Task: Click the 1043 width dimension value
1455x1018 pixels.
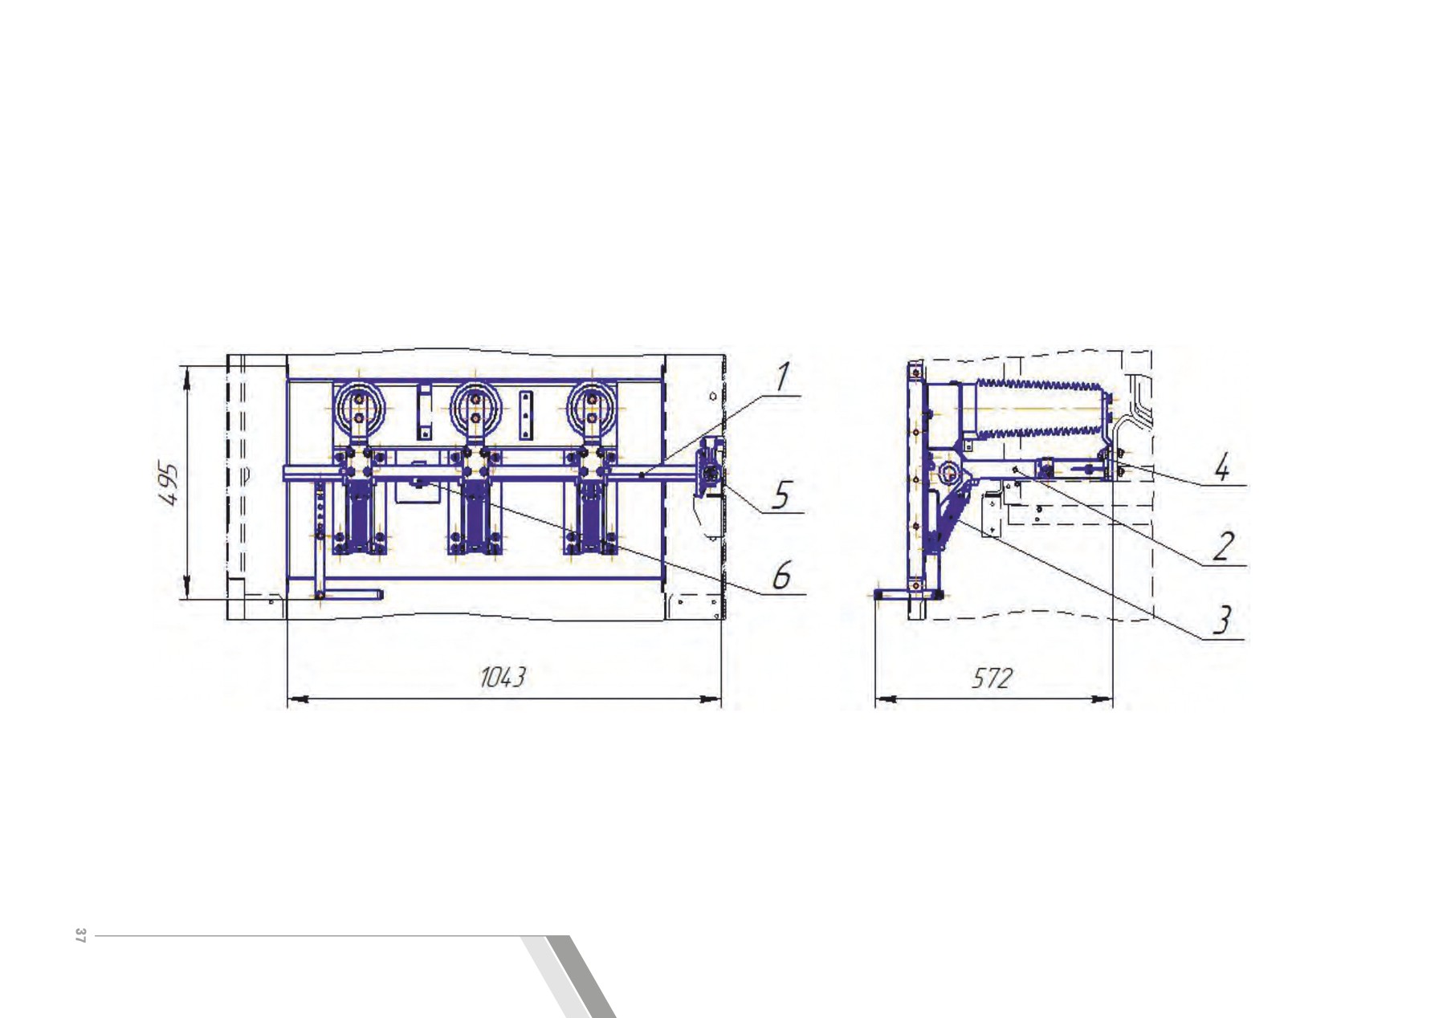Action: [x=502, y=678]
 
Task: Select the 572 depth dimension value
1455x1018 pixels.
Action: [x=992, y=678]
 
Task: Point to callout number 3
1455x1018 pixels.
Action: [x=1221, y=620]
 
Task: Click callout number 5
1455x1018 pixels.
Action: [x=779, y=495]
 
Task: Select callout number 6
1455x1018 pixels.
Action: [x=781, y=576]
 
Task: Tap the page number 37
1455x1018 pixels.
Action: [x=79, y=935]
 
